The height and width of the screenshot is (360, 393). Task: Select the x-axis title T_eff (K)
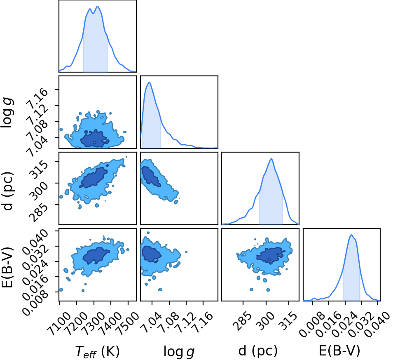[98, 351]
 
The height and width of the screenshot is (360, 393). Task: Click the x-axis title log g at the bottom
[179, 352]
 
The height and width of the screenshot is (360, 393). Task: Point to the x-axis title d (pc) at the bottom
[258, 351]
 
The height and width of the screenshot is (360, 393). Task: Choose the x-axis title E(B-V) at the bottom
[339, 351]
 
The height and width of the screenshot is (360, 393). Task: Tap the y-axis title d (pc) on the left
[7, 191]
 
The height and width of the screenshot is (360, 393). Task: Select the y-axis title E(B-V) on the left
[7, 267]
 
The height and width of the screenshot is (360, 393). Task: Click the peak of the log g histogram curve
[150, 82]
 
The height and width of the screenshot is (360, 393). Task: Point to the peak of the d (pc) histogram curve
[271, 158]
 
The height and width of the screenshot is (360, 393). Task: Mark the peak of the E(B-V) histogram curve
[351, 235]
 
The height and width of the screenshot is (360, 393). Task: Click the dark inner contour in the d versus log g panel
[151, 176]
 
